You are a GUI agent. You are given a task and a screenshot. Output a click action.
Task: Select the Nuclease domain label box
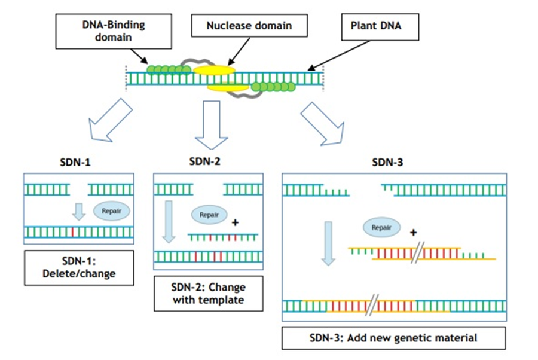[250, 26]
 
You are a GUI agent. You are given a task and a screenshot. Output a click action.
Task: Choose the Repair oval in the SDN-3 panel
[381, 227]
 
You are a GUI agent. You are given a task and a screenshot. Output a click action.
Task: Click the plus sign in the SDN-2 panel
[235, 222]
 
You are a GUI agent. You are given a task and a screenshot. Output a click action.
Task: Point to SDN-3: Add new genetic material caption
[395, 338]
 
